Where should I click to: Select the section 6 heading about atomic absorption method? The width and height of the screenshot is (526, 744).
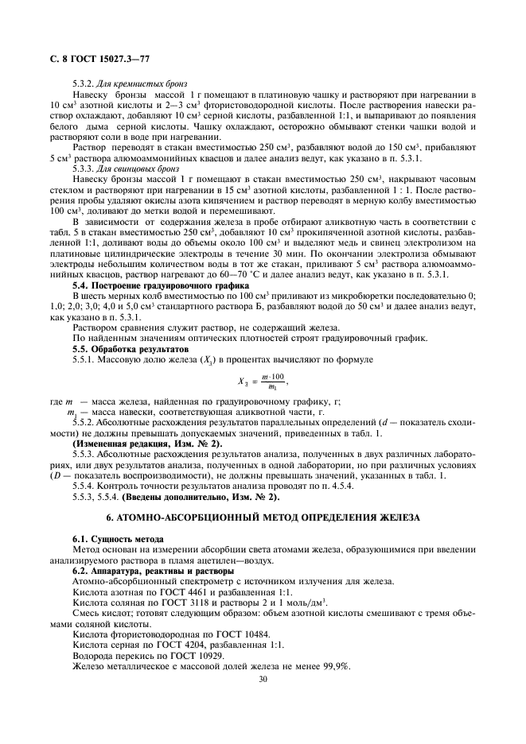262,518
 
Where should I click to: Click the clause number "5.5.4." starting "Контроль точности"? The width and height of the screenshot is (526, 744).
88,486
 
